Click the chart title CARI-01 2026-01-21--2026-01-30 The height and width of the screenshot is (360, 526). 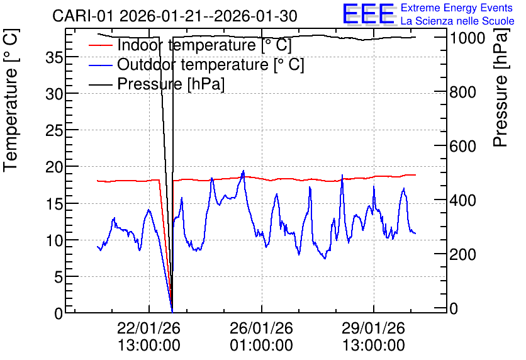click(174, 16)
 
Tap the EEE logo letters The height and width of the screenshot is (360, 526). click(369, 14)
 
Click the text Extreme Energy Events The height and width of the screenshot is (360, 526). click(457, 8)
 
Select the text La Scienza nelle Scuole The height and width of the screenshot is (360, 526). click(457, 21)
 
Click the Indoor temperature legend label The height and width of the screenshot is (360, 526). click(204, 45)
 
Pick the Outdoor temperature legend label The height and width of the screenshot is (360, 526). click(210, 64)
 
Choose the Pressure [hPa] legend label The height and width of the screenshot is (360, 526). click(171, 84)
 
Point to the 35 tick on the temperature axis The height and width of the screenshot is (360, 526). click(54, 58)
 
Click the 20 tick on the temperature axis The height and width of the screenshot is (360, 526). click(54, 167)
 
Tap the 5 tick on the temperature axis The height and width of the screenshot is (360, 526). click(59, 277)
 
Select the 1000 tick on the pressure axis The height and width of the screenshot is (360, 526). click(467, 38)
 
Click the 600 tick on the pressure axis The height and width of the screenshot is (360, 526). click(462, 146)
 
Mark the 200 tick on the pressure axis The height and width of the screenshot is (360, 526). click(462, 255)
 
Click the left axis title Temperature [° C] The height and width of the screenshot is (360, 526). click(11, 101)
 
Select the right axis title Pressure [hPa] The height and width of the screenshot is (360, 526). click(501, 87)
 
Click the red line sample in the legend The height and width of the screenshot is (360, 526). click(100, 45)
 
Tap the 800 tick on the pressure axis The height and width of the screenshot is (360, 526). click(462, 93)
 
